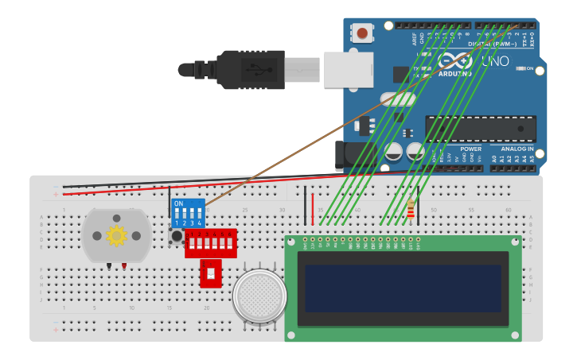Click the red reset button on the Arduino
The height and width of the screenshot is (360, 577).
tap(363, 33)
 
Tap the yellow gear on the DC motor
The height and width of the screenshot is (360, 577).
tap(116, 235)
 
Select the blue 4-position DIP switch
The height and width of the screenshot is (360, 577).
tap(189, 214)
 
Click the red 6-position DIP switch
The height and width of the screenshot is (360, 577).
tap(211, 243)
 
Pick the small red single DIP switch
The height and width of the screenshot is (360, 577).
tap(210, 273)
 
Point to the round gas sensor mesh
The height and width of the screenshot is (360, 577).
tap(259, 296)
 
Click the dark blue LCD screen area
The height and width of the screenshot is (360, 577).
tap(403, 289)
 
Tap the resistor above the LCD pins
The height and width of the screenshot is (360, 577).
tap(411, 209)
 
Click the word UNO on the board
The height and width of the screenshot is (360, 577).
tap(496, 60)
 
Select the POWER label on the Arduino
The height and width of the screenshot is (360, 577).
tap(470, 149)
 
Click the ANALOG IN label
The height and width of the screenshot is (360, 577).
tap(518, 149)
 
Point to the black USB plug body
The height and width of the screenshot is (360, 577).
tap(247, 69)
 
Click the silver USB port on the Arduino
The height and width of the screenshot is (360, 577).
tap(348, 69)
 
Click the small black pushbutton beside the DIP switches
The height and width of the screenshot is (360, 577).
tap(176, 235)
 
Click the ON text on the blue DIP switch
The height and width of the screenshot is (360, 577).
tap(178, 204)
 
